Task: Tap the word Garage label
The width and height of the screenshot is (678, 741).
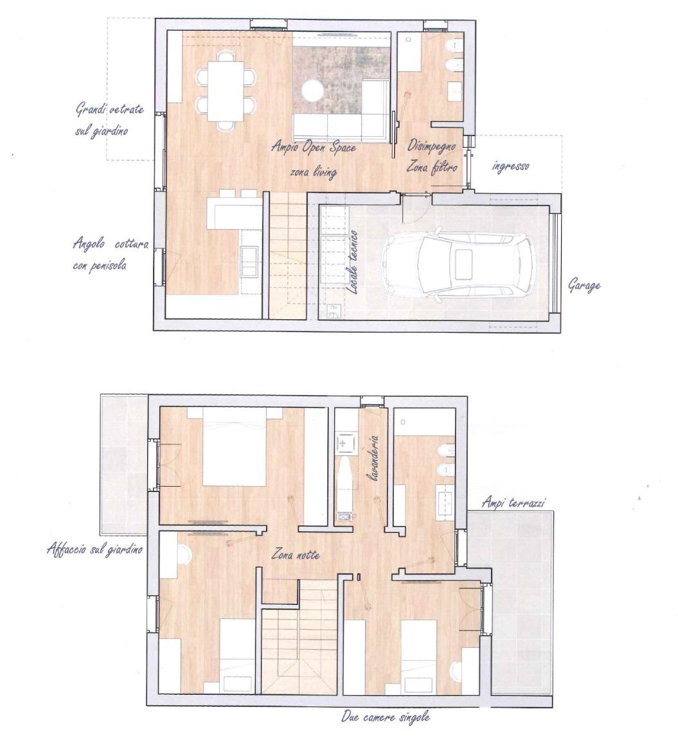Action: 584,286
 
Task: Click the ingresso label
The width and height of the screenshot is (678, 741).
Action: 510,166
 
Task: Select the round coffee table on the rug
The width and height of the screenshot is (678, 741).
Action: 312,91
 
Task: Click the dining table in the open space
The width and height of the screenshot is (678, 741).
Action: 225,91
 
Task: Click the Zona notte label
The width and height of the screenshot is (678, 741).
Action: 295,554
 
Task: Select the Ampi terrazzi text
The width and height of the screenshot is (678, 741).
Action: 513,502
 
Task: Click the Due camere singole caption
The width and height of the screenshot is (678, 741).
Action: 386,717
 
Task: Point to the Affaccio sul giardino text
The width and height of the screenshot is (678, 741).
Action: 94,549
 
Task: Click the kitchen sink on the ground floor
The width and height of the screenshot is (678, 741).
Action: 249,261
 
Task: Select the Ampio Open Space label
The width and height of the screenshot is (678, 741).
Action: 313,147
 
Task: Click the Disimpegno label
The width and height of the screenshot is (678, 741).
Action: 431,146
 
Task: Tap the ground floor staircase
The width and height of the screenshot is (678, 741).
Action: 288,256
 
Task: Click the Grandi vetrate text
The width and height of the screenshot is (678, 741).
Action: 110,109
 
